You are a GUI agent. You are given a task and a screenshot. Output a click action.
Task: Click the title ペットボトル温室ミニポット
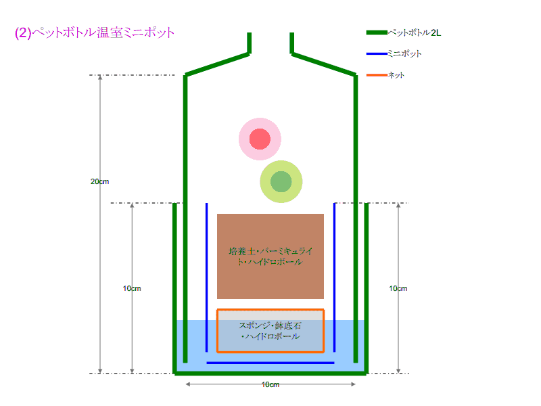(95, 32)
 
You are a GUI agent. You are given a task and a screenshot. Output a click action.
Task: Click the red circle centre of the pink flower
(260, 139)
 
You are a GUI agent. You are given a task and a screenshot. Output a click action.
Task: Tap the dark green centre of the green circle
(281, 181)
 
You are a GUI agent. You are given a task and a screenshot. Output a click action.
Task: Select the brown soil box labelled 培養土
(270, 256)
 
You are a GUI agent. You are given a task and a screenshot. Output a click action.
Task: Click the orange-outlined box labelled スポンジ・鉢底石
(270, 331)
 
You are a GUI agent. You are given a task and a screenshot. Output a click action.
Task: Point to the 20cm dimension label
(99, 181)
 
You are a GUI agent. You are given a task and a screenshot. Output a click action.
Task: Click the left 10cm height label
(132, 288)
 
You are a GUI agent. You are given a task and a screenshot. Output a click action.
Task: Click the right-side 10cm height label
(398, 288)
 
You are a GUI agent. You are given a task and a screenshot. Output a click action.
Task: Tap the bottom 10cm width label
(270, 384)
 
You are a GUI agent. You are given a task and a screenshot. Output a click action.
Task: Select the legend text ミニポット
(404, 53)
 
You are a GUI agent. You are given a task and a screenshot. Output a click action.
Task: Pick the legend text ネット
(396, 75)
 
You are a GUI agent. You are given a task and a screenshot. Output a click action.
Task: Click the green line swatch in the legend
(376, 32)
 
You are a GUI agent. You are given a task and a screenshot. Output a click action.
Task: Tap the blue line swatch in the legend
(376, 53)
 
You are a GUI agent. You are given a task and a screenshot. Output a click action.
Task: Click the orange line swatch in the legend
(376, 75)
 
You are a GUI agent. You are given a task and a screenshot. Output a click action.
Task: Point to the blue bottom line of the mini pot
(270, 363)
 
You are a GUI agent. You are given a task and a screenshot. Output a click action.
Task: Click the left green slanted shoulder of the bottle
(216, 64)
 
